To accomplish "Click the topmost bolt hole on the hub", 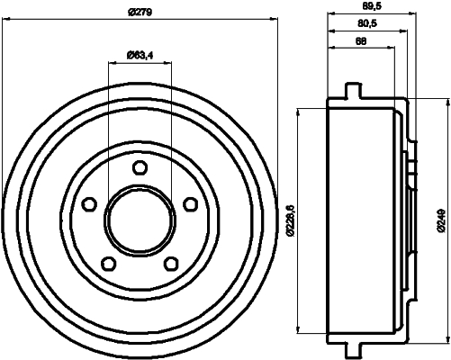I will pos(140,167).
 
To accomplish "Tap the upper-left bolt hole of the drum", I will pos(88,204).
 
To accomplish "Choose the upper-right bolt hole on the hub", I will pos(190,204).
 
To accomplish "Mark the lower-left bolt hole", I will pos(108,264).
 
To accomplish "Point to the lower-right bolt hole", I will pos(170,264).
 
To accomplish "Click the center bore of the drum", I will pos(140,220).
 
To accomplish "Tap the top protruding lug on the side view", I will pos(352,92).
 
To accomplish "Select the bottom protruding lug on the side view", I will pos(352,348).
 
